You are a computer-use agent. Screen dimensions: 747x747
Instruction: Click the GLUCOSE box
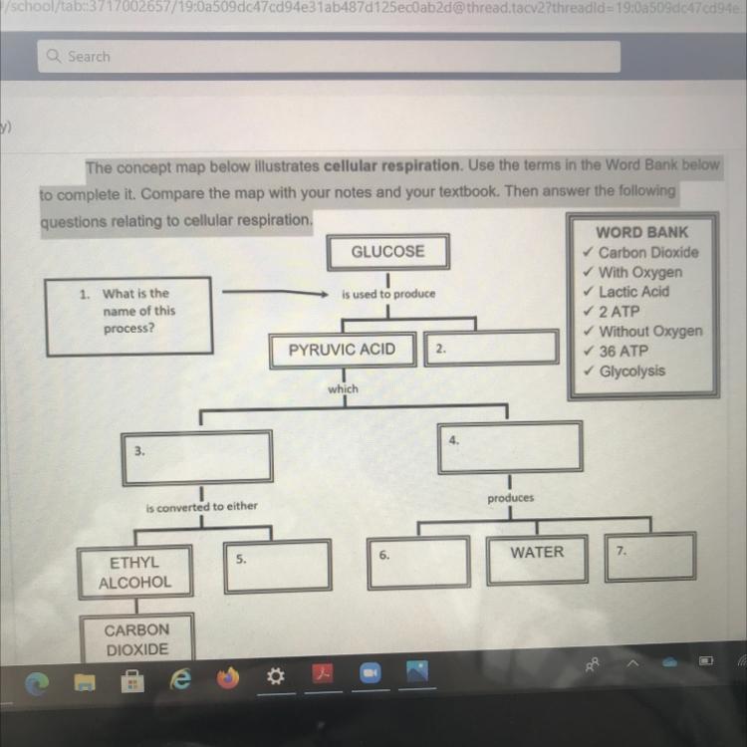point(387,252)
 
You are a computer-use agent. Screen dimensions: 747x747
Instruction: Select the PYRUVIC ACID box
point(342,350)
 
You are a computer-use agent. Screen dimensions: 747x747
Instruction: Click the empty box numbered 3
point(198,456)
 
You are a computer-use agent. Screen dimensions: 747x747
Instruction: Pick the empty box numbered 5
point(277,564)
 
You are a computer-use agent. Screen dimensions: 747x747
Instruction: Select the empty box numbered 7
point(649,558)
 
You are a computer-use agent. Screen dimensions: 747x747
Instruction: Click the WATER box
point(537,553)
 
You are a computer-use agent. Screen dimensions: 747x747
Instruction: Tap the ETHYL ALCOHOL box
point(134,573)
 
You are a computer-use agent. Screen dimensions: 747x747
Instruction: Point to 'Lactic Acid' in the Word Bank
point(633,292)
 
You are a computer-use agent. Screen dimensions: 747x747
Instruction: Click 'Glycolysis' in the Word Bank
point(631,372)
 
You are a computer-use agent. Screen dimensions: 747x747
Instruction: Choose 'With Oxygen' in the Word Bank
point(639,272)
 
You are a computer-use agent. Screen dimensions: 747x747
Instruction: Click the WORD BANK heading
point(641,232)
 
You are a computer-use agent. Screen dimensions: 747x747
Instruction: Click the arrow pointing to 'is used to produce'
point(274,293)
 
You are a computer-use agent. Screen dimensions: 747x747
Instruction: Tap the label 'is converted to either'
point(201,506)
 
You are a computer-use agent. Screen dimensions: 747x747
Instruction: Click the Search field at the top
point(329,57)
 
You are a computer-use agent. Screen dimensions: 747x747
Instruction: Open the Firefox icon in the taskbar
point(229,678)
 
